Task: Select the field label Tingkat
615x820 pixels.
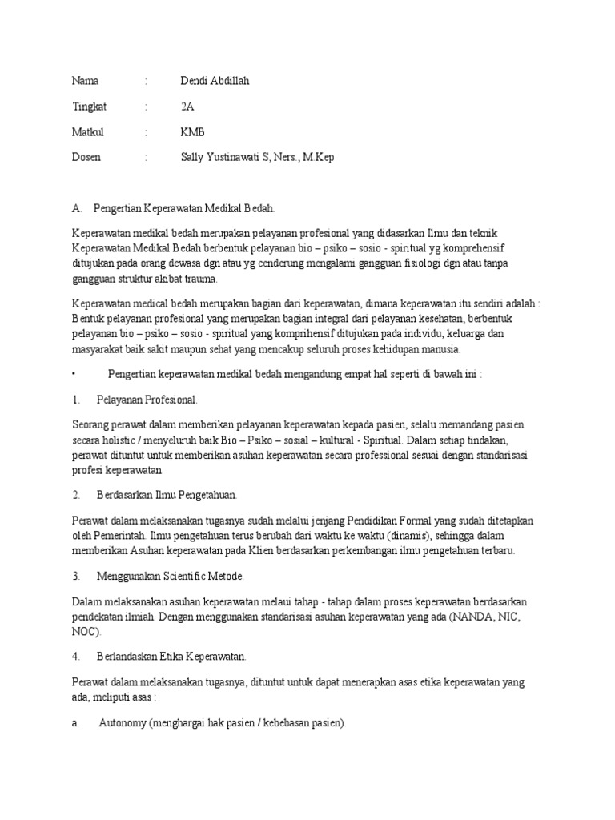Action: point(89,107)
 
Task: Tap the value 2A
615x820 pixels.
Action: point(187,107)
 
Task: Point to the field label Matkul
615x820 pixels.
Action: point(88,132)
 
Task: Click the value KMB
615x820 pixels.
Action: point(193,132)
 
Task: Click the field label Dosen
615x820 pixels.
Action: point(86,158)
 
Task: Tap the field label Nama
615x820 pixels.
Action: point(86,81)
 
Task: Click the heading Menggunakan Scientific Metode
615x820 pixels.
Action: point(171,576)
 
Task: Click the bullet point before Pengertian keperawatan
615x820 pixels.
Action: point(73,373)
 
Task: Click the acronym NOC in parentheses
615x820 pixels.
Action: point(85,631)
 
